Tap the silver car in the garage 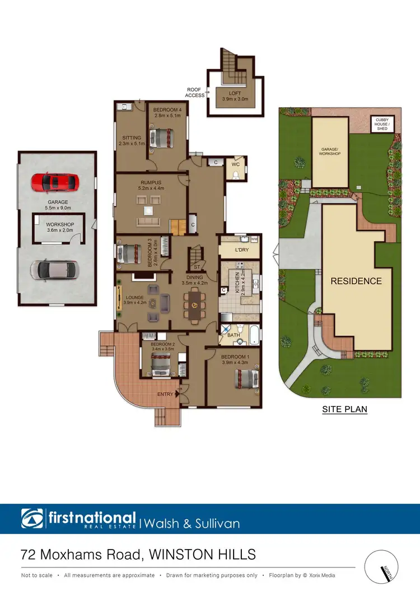point(55,270)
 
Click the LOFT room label point(235,94)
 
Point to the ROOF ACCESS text point(195,93)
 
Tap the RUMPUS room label point(151,182)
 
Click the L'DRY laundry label point(242,250)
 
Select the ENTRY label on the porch point(165,394)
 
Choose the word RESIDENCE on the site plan point(356,281)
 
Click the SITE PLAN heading point(344,409)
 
